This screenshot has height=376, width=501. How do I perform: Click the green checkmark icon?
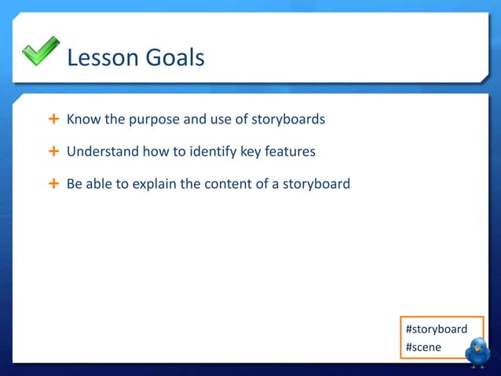(x=40, y=51)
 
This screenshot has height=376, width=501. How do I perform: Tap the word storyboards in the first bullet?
(x=291, y=120)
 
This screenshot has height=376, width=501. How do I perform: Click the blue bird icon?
(x=477, y=352)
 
